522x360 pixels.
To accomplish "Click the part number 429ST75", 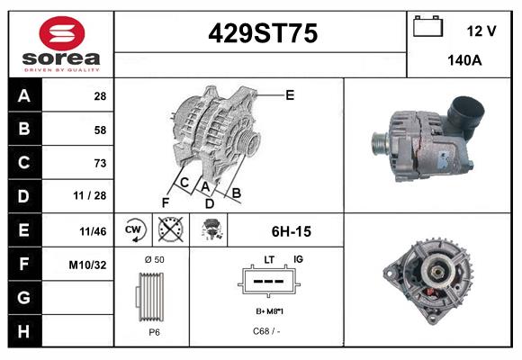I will (263, 34).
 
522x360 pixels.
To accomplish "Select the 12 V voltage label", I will (481, 31).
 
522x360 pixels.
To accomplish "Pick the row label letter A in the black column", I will (23, 96).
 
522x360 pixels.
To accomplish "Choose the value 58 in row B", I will (100, 130).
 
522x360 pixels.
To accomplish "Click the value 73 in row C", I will (100, 163).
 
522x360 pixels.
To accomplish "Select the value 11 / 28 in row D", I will (94, 196).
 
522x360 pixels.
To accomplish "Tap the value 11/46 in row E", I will (93, 230).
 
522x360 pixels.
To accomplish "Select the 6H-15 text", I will (291, 231).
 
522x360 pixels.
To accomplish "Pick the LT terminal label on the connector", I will (268, 259).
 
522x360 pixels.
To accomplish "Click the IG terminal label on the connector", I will (298, 259).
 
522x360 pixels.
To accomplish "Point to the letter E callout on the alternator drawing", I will (290, 94).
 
